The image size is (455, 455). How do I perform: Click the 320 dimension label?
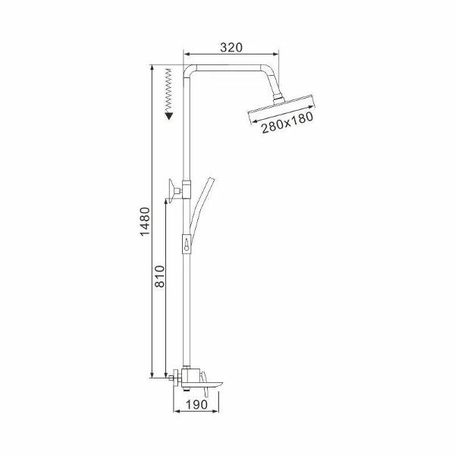point(231,47)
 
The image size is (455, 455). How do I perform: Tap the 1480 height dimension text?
point(145,221)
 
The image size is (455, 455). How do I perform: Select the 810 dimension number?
point(159,276)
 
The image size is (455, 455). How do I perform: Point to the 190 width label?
point(196,404)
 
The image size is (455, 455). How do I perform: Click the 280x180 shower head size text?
point(287,123)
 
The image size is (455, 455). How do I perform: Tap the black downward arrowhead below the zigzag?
point(169,116)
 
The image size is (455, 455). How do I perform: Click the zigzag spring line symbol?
point(168,91)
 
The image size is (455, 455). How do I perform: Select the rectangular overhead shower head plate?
point(281,110)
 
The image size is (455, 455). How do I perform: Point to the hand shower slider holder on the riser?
point(187,243)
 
